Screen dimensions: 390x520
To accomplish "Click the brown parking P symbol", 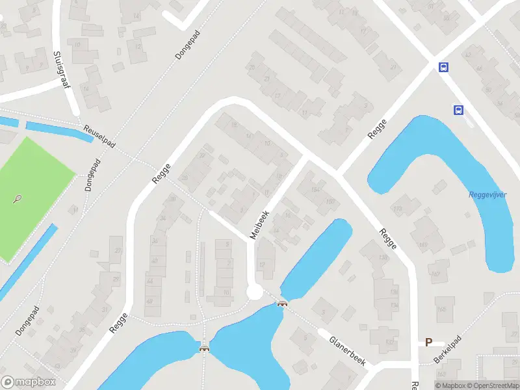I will click(x=428, y=342).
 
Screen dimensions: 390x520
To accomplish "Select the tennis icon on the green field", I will click(x=18, y=199).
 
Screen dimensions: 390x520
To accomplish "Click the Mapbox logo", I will click(x=29, y=382).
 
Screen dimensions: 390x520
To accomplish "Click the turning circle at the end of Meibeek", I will click(x=255, y=292).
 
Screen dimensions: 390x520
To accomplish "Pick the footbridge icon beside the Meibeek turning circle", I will click(x=282, y=304).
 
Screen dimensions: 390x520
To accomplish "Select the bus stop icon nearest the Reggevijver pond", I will click(x=458, y=110).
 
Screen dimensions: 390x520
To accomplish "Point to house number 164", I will click(x=316, y=190).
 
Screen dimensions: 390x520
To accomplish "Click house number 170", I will click(x=397, y=209).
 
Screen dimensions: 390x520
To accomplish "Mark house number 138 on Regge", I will click(x=383, y=258).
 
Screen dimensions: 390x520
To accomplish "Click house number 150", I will click(x=330, y=201).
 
